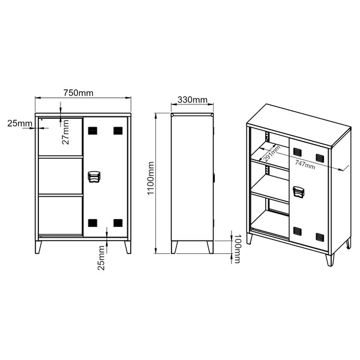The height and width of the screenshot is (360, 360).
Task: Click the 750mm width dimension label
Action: click(79, 92)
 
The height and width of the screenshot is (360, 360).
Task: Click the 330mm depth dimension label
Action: click(193, 100)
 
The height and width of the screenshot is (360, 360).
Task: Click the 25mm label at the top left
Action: click(20, 124)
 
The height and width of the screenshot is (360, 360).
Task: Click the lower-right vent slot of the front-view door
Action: click(118, 223)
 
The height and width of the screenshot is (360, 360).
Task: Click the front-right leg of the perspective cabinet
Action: click(329, 259)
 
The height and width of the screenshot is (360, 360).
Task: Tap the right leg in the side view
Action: click(209, 247)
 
